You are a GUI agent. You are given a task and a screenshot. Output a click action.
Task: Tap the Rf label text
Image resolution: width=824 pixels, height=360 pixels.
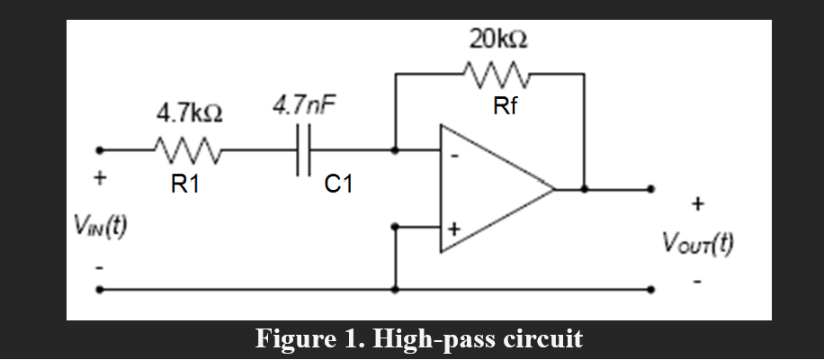pos(505,105)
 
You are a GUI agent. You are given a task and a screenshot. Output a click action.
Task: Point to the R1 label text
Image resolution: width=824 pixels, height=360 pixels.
pos(184,185)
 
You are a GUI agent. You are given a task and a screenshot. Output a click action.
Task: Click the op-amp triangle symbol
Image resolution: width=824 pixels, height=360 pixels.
pos(490,190)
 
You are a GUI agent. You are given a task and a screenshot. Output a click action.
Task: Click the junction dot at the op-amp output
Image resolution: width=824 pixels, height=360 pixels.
pos(585,190)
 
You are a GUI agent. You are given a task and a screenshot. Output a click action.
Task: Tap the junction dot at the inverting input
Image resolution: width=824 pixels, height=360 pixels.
pos(395,149)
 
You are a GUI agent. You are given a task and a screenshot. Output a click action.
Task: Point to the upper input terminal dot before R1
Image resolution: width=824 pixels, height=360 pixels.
pos(100,149)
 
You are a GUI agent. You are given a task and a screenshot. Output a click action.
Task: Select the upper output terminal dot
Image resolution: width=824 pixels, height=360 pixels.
pos(653,190)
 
